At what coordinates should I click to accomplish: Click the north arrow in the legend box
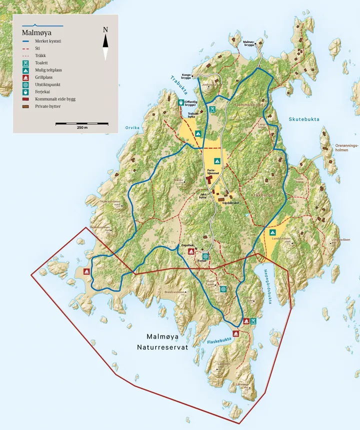pyautogui.click(x=105, y=43)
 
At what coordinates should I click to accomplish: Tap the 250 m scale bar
pyautogui.click(x=82, y=123)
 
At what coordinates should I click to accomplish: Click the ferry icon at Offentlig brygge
pyautogui.click(x=180, y=102)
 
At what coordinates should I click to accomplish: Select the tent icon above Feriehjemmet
pyautogui.click(x=217, y=161)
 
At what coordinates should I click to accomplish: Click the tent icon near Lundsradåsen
pyautogui.click(x=272, y=232)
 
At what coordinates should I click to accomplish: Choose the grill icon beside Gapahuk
pyautogui.click(x=190, y=252)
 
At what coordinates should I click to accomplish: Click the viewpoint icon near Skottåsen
pyautogui.click(x=223, y=289)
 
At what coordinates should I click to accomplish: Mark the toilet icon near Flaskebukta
pyautogui.click(x=254, y=321)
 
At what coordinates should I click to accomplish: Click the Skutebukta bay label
pyautogui.click(x=303, y=119)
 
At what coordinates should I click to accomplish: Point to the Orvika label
pyautogui.click(x=132, y=128)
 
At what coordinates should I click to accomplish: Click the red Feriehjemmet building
pyautogui.click(x=209, y=179)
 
